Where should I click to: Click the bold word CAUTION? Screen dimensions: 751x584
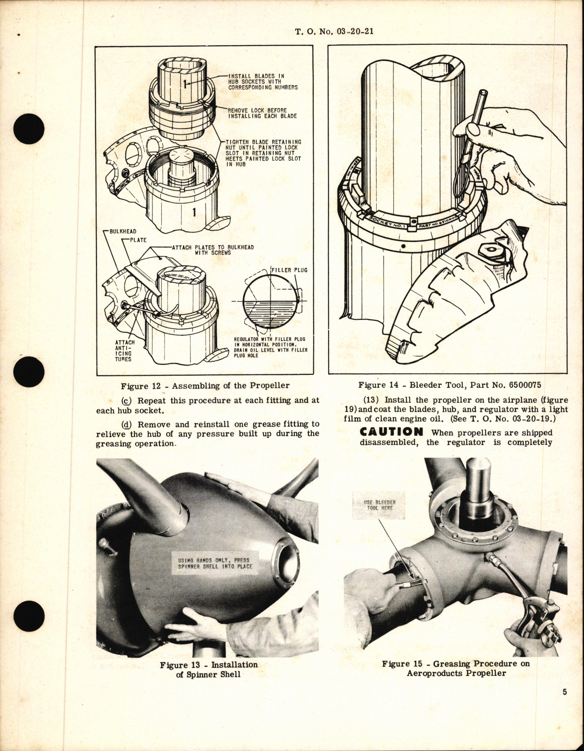point(392,432)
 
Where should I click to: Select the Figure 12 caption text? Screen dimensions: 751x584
point(205,386)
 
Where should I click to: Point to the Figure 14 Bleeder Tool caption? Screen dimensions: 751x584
point(447,385)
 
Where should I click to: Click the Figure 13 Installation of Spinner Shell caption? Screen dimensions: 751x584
point(208,669)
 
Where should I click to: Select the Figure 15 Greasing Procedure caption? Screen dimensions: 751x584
point(456,668)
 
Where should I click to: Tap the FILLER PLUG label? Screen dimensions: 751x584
point(290,270)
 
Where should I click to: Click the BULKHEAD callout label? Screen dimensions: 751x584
point(123,231)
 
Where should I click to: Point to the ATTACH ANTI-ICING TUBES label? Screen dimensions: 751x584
point(124,351)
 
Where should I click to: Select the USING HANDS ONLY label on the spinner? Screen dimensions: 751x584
point(215,563)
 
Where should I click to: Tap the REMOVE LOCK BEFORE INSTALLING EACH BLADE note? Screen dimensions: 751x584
point(262,113)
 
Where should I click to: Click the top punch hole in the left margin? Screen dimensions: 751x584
point(29,128)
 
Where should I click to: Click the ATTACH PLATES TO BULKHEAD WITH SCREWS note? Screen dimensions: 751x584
point(213,250)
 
